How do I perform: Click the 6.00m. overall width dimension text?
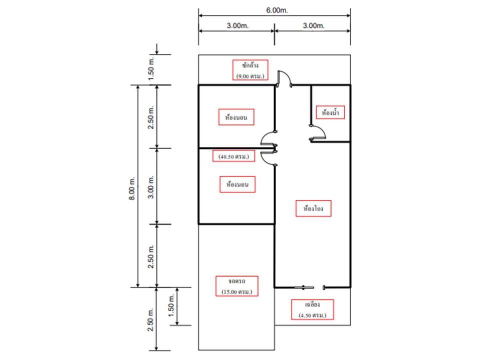pyautogui.click(x=276, y=10)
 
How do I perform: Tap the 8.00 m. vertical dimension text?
pyautogui.click(x=131, y=188)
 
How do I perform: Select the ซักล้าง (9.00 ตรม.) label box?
pyautogui.click(x=250, y=70)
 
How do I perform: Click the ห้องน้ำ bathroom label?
pyautogui.click(x=330, y=112)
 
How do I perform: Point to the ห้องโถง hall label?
pyautogui.click(x=313, y=208)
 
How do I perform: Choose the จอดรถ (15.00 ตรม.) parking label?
pyautogui.click(x=236, y=286)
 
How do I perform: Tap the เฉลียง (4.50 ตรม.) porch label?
pyautogui.click(x=312, y=309)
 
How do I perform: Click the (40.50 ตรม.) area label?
pyautogui.click(x=233, y=156)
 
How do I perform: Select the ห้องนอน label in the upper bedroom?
pyautogui.click(x=236, y=117)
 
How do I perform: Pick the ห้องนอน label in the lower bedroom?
pyautogui.click(x=237, y=184)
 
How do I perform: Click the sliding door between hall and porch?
pyautogui.click(x=309, y=287)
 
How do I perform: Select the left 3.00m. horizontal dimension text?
pyautogui.click(x=237, y=25)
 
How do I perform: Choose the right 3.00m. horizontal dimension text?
pyautogui.click(x=313, y=25)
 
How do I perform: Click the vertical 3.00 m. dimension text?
pyautogui.click(x=151, y=187)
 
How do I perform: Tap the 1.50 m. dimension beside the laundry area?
pyautogui.click(x=151, y=69)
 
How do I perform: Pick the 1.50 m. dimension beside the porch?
pyautogui.click(x=171, y=306)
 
